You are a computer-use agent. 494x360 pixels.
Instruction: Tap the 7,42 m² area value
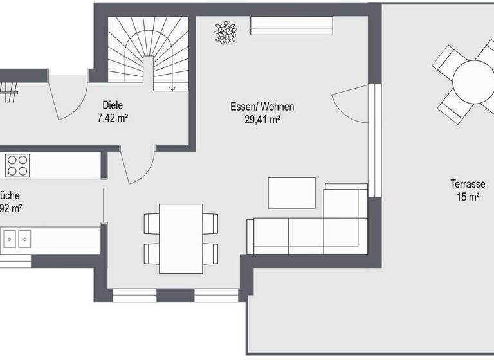112,118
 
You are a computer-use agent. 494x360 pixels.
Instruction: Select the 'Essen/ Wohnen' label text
257,107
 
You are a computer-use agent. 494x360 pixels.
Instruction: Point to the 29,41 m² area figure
258,119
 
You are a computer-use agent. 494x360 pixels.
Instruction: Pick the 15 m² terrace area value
468,197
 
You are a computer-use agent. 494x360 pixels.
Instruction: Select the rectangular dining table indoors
181,238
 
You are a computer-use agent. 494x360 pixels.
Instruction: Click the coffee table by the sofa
291,193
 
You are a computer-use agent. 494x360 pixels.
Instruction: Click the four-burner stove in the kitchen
18,165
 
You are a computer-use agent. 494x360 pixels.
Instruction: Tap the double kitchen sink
17,239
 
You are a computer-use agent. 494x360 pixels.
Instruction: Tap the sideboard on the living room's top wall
291,26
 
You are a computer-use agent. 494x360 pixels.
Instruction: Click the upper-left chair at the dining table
151,223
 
